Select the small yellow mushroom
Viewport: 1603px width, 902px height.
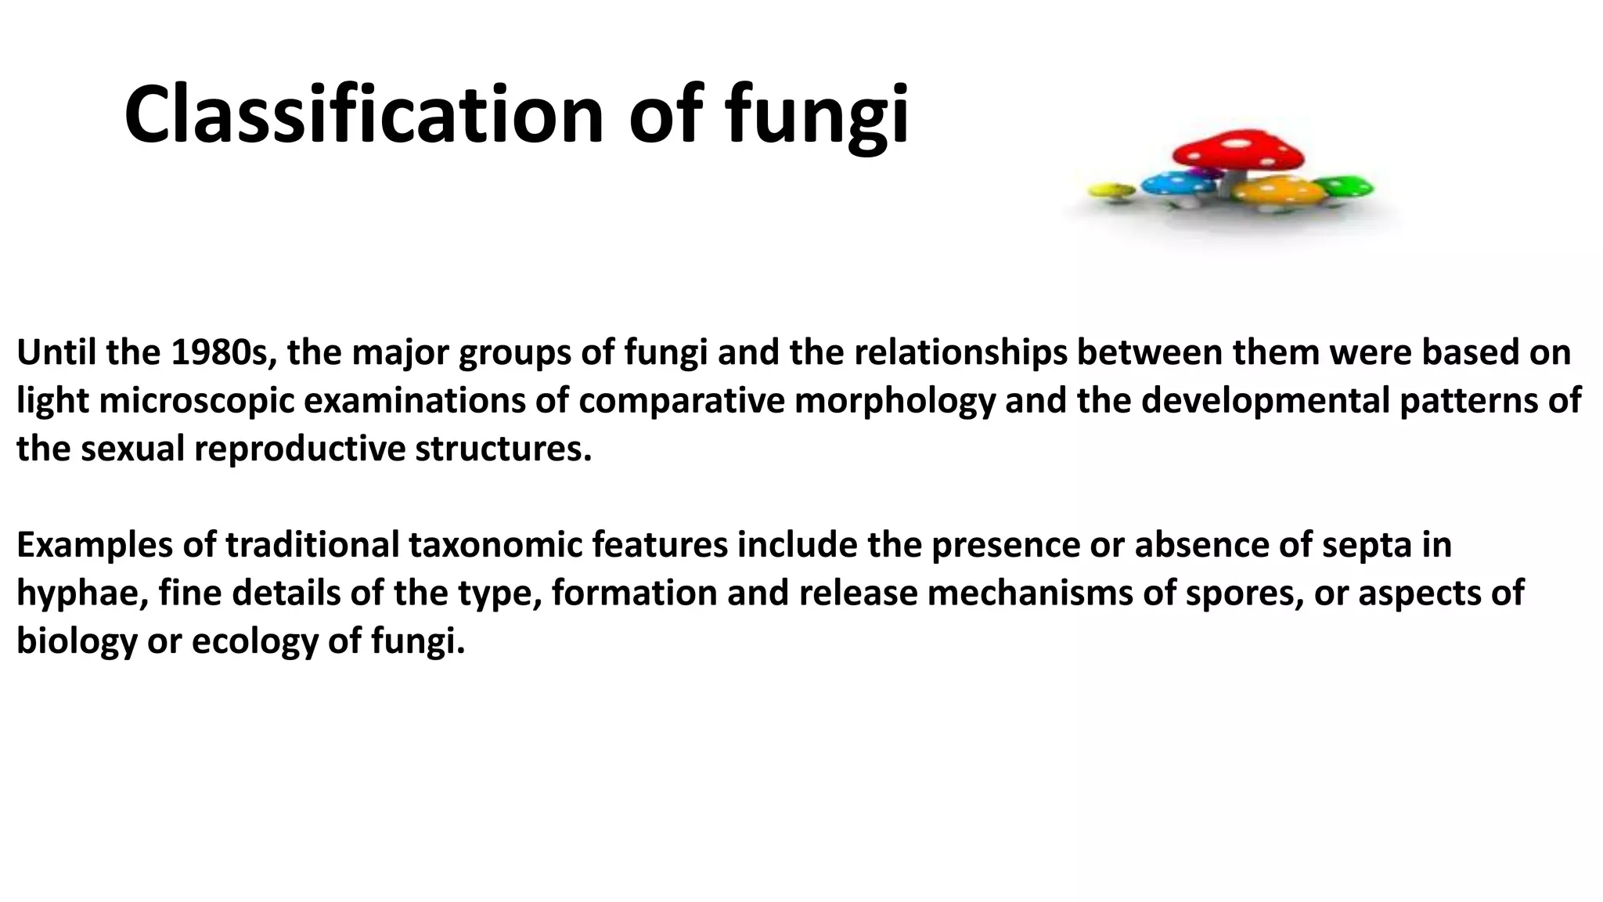(1111, 189)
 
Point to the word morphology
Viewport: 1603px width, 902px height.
(895, 401)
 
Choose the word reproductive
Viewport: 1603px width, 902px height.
(300, 449)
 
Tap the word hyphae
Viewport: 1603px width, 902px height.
(81, 594)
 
